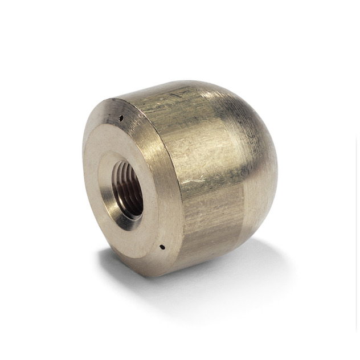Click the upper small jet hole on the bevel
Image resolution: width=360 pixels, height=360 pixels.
point(121,118)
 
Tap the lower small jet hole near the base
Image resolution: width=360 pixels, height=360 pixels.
point(162,247)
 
